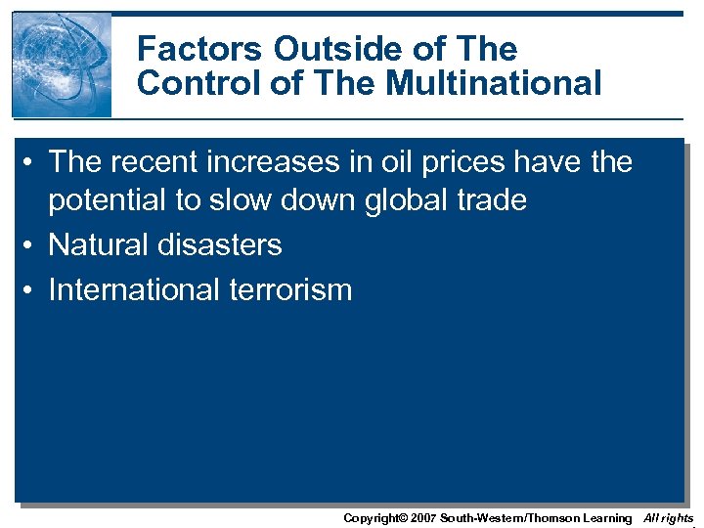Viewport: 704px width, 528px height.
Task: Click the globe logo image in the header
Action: pos(62,65)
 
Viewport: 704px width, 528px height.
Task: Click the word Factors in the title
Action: pos(200,49)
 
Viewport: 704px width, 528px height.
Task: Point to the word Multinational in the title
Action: pos(494,83)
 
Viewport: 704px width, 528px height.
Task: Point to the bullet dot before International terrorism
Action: pos(30,290)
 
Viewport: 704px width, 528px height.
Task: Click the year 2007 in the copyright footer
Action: pos(422,517)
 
